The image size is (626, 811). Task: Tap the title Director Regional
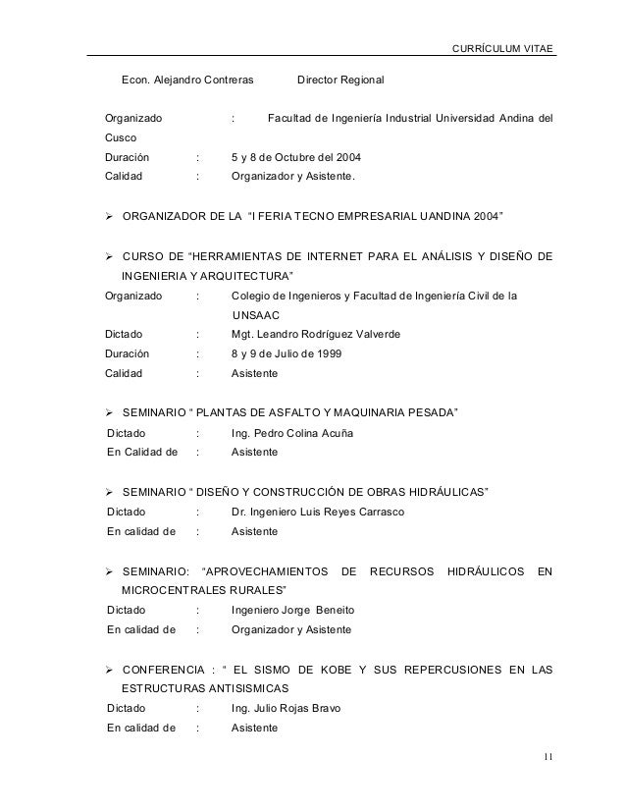click(340, 79)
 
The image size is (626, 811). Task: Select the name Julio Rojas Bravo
click(303, 709)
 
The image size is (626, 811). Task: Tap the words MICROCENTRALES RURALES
click(204, 590)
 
